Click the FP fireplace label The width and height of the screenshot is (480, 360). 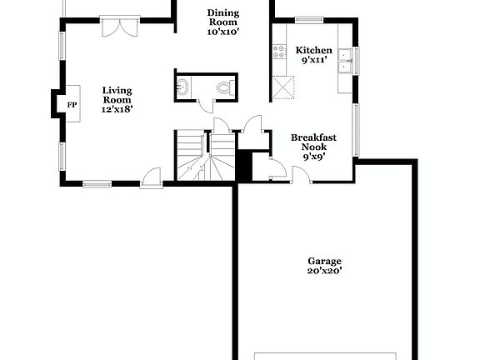pyautogui.click(x=72, y=104)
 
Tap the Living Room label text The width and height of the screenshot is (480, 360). pyautogui.click(x=117, y=99)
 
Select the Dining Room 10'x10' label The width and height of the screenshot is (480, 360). pyautogui.click(x=222, y=22)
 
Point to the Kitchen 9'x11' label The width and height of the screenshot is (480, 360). pyautogui.click(x=313, y=55)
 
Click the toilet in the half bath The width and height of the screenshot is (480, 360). pyautogui.click(x=223, y=87)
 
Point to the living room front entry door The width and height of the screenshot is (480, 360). pyautogui.click(x=151, y=177)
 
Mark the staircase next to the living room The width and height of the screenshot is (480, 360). pyautogui.click(x=205, y=157)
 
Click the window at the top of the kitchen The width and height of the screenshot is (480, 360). pyautogui.click(x=309, y=19)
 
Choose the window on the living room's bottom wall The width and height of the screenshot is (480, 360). pyautogui.click(x=97, y=183)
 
